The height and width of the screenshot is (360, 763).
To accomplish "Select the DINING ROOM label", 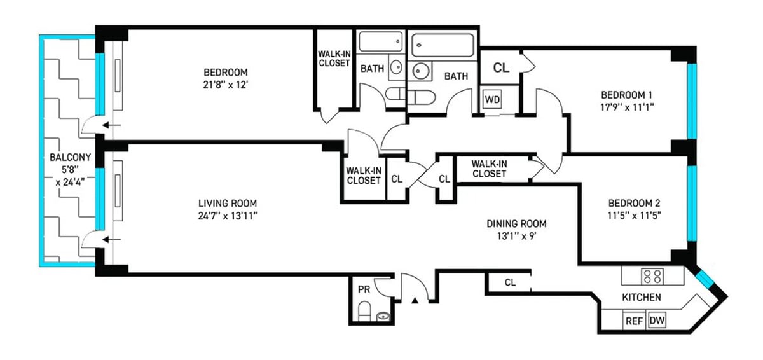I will coord(516,224).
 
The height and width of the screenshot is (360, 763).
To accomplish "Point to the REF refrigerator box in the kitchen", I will coord(634,321).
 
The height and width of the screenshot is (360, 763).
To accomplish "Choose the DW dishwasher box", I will coord(656,321).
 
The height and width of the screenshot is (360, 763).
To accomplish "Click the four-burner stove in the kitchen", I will coord(652,276).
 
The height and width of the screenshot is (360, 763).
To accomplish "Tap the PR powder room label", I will coord(364,289).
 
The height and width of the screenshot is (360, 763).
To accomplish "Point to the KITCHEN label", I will coord(642,298).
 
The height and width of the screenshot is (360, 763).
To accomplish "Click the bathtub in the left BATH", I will coord(380,43).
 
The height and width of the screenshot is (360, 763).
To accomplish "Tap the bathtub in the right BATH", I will coord(442,46).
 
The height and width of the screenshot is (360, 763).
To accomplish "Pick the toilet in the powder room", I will coord(364,312).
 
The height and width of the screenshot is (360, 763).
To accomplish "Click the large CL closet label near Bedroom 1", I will coord(501,67).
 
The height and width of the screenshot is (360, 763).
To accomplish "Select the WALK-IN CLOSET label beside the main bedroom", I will coord(334,59).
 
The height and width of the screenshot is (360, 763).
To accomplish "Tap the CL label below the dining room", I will coord(510,282).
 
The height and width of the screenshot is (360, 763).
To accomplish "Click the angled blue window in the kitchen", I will coord(705,280).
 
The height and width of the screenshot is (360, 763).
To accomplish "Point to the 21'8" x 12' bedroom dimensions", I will coord(226,83).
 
